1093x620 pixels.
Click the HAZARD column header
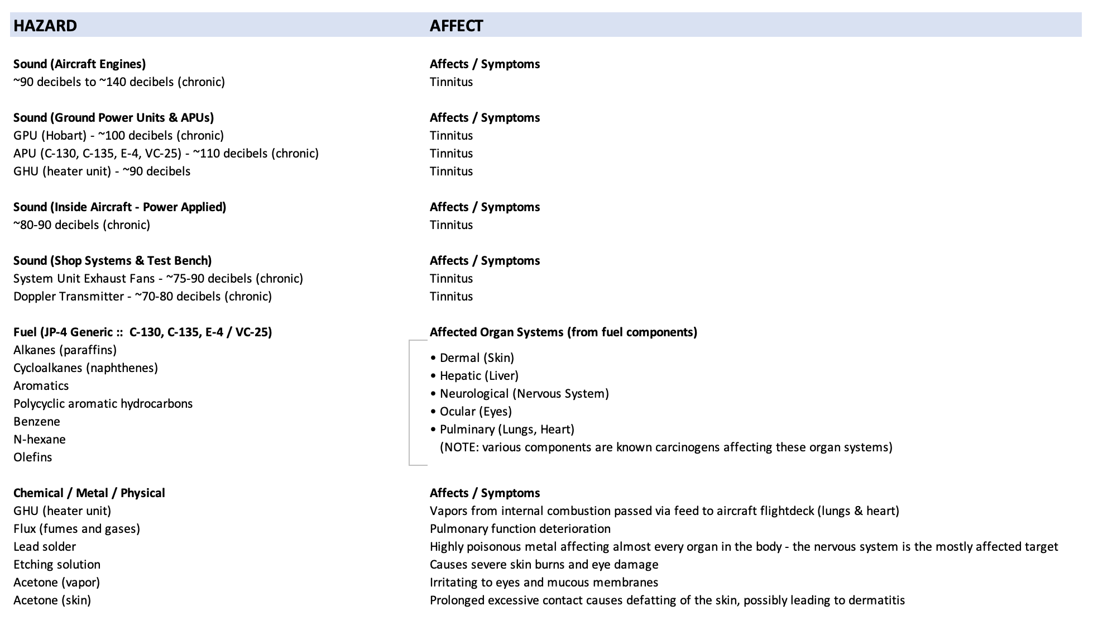[x=45, y=26]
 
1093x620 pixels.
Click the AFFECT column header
[x=456, y=26]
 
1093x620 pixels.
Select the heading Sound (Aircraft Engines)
[x=79, y=64]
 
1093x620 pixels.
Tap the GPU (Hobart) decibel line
[x=118, y=135]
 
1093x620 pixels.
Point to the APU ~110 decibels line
[x=166, y=153]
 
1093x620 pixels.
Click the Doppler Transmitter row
[x=142, y=296]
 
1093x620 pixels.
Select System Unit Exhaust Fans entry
[x=158, y=278]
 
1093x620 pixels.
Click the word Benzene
[x=37, y=421]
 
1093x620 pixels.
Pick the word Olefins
[x=33, y=457]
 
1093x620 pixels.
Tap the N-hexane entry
[x=40, y=439]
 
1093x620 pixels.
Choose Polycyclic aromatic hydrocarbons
[x=103, y=403]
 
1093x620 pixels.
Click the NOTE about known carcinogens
[x=666, y=447]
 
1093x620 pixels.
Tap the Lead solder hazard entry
[x=45, y=546]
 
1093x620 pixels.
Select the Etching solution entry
[x=57, y=564]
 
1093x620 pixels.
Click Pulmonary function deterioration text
[x=520, y=528]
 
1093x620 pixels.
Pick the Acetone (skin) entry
[x=52, y=600]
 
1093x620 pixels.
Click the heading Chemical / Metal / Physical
[x=89, y=493]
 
